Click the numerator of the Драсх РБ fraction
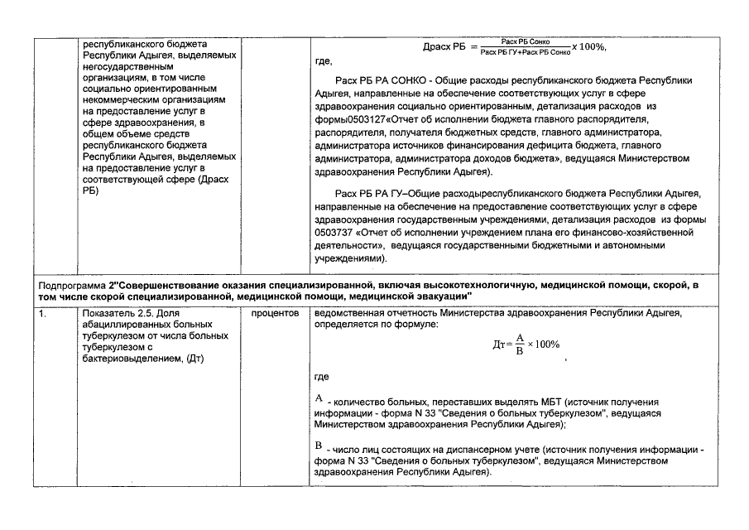pyautogui.click(x=526, y=41)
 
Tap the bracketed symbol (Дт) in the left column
pyautogui.click(x=196, y=358)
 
